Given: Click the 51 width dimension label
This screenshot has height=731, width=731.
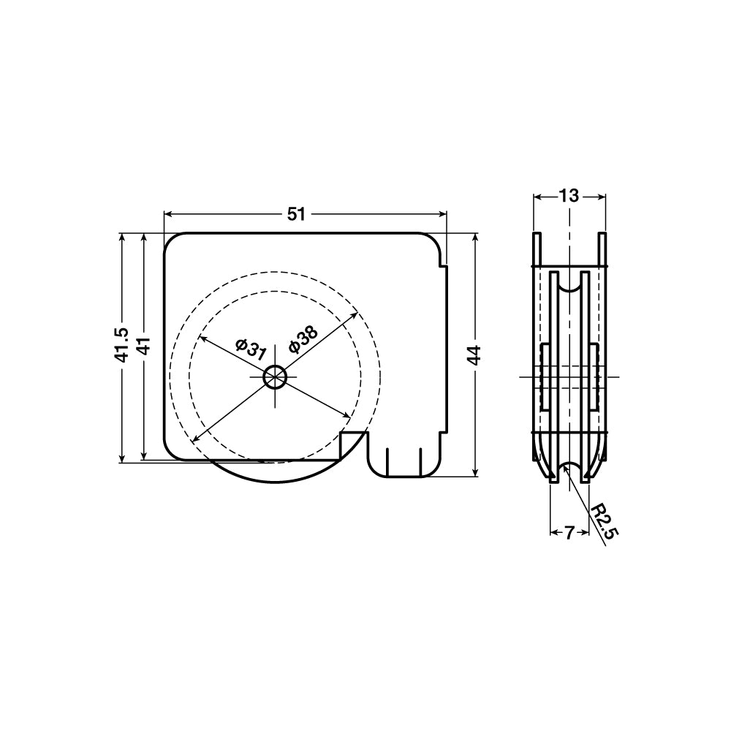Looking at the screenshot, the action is click(296, 214).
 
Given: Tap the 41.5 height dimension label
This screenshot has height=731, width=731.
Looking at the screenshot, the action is click(122, 344).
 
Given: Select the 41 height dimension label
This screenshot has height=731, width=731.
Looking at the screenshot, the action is click(144, 346).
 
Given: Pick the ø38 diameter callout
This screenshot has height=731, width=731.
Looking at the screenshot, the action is click(303, 339).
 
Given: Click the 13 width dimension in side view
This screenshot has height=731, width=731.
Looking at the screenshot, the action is click(569, 196).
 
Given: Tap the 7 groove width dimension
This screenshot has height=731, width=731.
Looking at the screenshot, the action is click(568, 532).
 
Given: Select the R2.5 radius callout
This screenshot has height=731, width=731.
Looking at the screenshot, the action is click(605, 523).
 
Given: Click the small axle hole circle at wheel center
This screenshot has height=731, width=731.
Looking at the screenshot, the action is click(275, 376).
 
